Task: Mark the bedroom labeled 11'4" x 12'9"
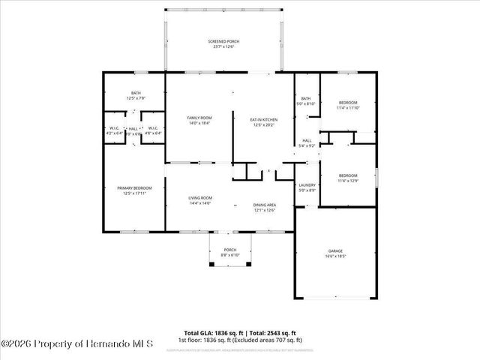(x=348, y=178)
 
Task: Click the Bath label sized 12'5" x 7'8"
(x=136, y=95)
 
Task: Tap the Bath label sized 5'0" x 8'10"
(x=306, y=100)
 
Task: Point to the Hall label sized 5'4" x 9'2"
(x=307, y=142)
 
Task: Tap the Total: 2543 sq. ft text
(x=273, y=332)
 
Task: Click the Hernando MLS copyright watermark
(x=77, y=344)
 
